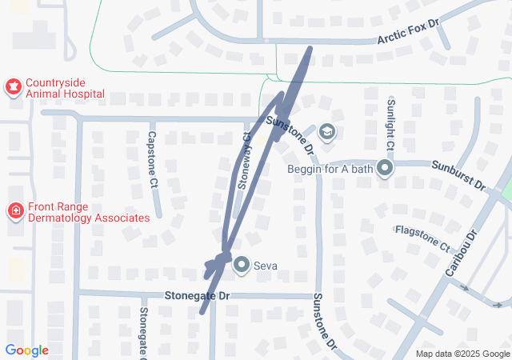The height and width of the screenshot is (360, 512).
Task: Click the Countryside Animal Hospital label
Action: click(x=65, y=88)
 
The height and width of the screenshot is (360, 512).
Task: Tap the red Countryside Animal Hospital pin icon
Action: click(x=13, y=86)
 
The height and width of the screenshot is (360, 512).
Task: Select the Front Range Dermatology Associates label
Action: click(x=88, y=212)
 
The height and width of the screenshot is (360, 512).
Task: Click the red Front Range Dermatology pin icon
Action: click(x=14, y=211)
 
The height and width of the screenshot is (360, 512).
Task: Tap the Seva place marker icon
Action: click(x=241, y=265)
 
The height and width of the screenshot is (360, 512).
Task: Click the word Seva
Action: click(x=266, y=266)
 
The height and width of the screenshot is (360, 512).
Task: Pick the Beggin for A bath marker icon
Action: click(x=385, y=168)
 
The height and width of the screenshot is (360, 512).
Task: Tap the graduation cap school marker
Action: click(x=326, y=131)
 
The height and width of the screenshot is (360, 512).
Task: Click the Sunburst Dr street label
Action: click(x=458, y=176)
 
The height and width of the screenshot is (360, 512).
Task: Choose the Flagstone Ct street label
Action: click(x=422, y=238)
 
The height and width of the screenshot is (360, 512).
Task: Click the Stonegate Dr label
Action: click(x=197, y=296)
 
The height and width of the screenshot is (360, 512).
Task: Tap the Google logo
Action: click(x=26, y=350)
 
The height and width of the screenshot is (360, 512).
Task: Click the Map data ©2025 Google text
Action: click(x=462, y=354)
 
